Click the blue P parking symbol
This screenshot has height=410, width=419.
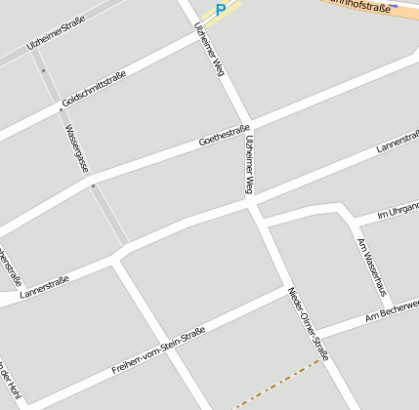click(x=221, y=10)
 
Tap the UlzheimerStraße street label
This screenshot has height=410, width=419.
click(x=56, y=33)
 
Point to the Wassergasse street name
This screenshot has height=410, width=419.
click(x=75, y=146)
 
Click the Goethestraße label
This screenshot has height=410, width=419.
click(x=225, y=136)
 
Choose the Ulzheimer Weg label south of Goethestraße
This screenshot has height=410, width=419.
click(x=251, y=163)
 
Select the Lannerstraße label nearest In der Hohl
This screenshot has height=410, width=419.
click(x=43, y=288)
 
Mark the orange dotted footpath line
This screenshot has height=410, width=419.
click(x=278, y=382)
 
